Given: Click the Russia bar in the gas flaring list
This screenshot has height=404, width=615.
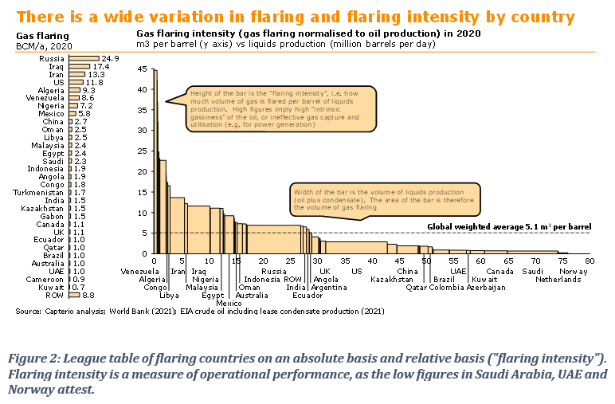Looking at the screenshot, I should pyautogui.click(x=84, y=58).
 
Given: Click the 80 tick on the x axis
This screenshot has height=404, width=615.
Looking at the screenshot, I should pyautogui.click(x=590, y=260).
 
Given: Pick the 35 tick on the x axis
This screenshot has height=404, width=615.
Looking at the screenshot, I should pyautogui.click(x=345, y=260).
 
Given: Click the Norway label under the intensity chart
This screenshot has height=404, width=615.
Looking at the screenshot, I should pyautogui.click(x=573, y=272).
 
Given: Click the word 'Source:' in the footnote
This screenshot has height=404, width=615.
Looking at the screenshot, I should pyautogui.click(x=28, y=312).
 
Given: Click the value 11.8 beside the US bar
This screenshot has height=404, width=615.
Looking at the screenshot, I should pyautogui.click(x=95, y=81).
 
